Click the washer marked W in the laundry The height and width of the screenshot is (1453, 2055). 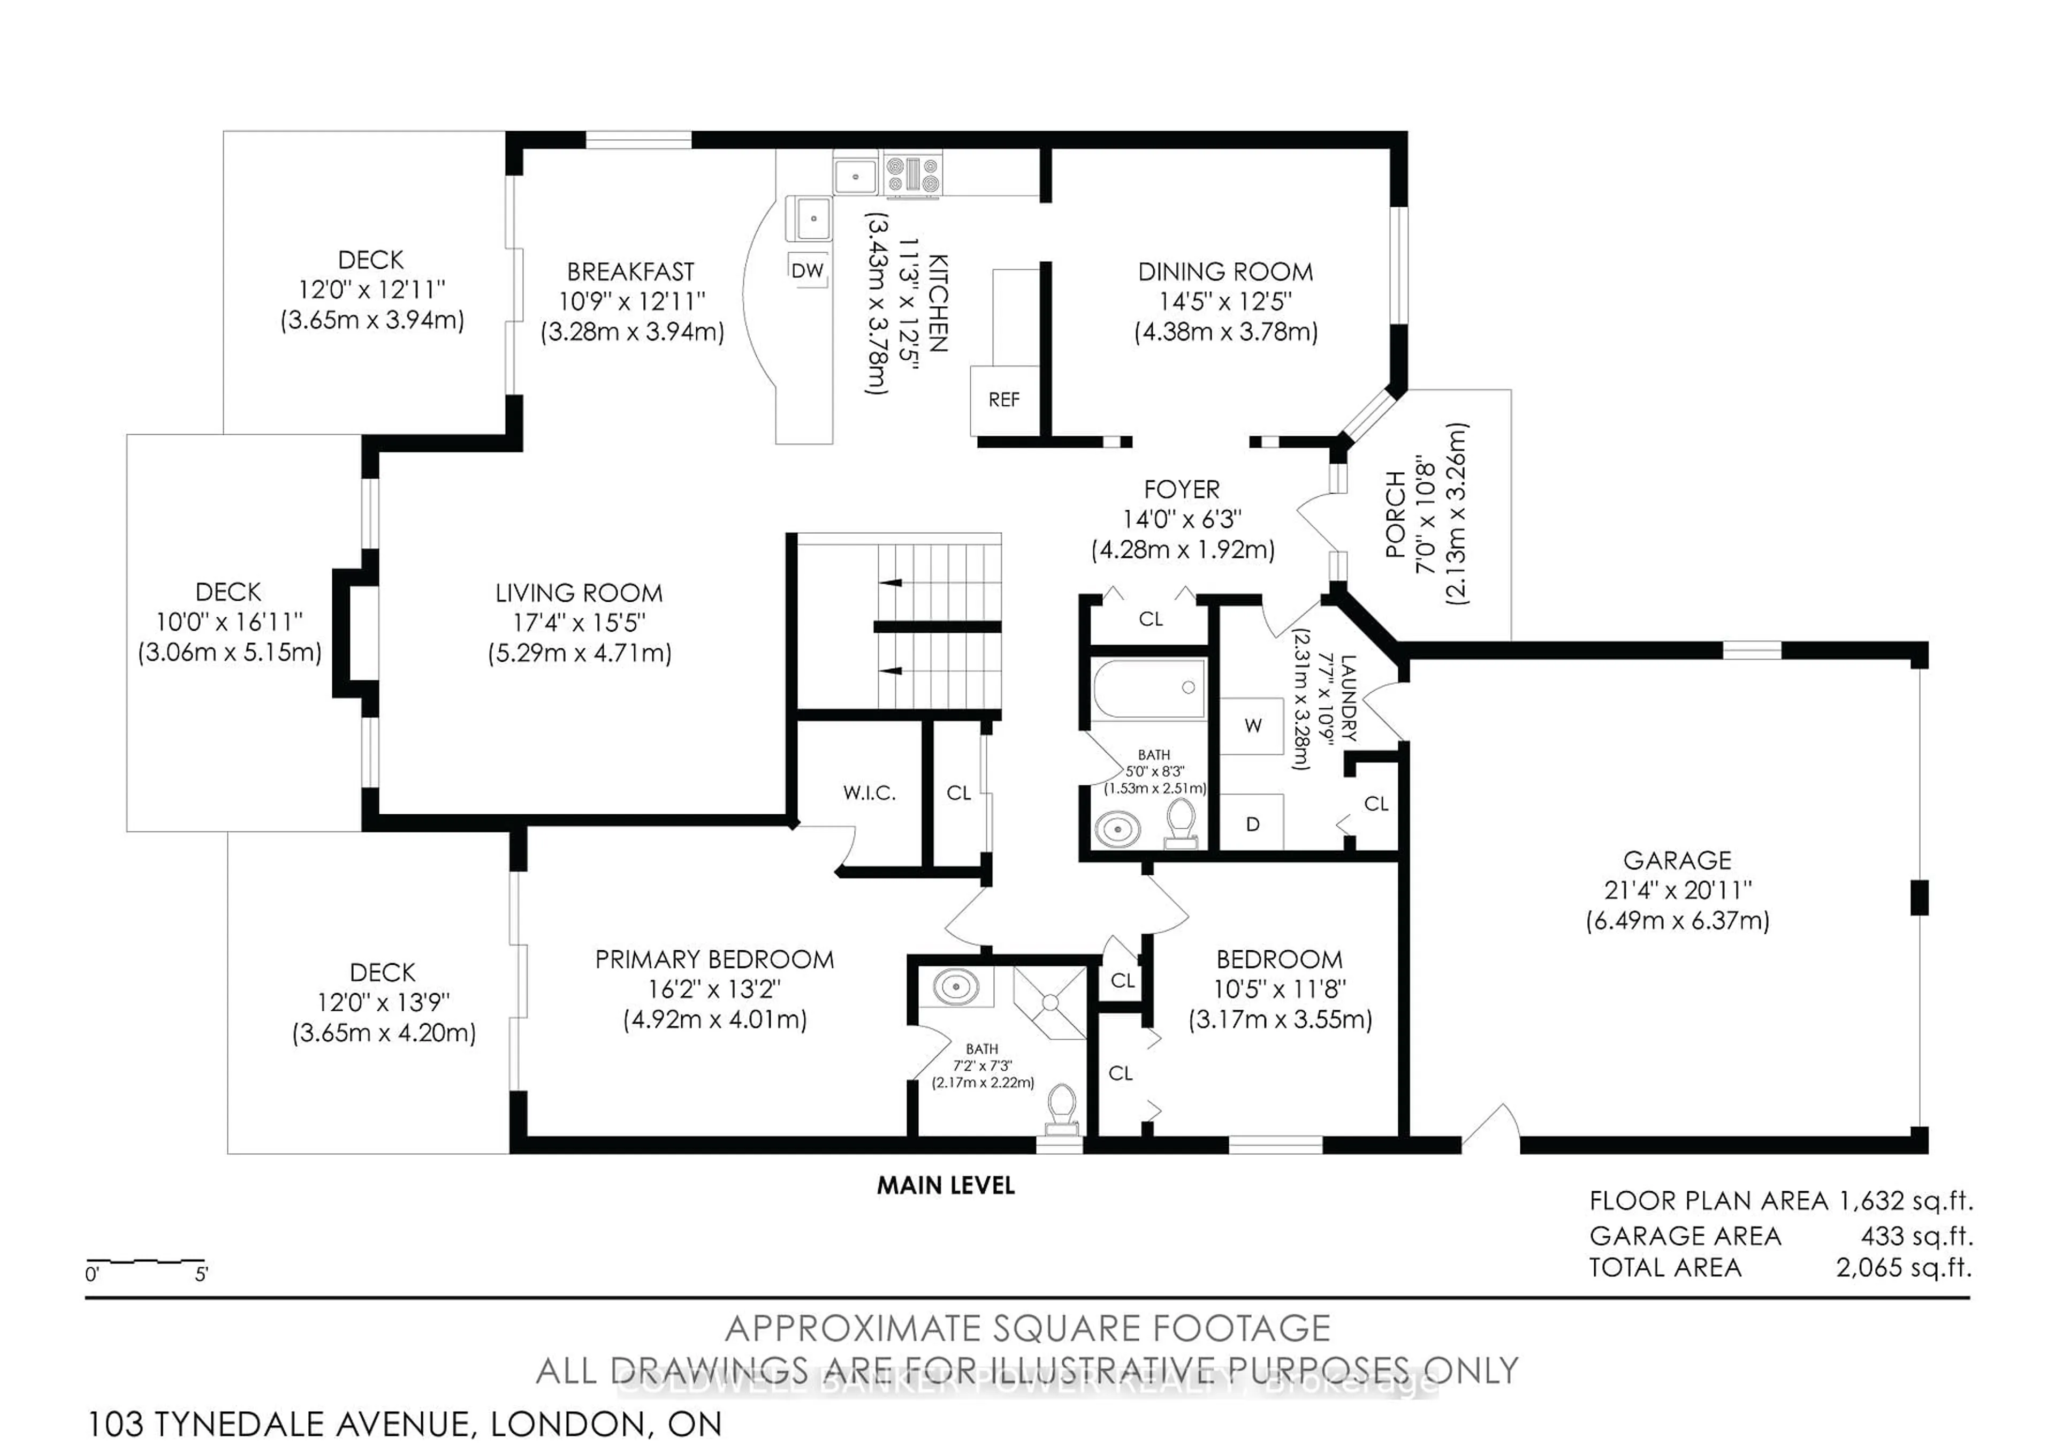tap(1252, 726)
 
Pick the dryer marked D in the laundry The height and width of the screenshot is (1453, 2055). tap(1252, 823)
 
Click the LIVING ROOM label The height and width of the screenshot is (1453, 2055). tap(579, 593)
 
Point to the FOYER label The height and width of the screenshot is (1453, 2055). tap(1182, 490)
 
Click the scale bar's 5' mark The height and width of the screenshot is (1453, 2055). tap(201, 1274)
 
